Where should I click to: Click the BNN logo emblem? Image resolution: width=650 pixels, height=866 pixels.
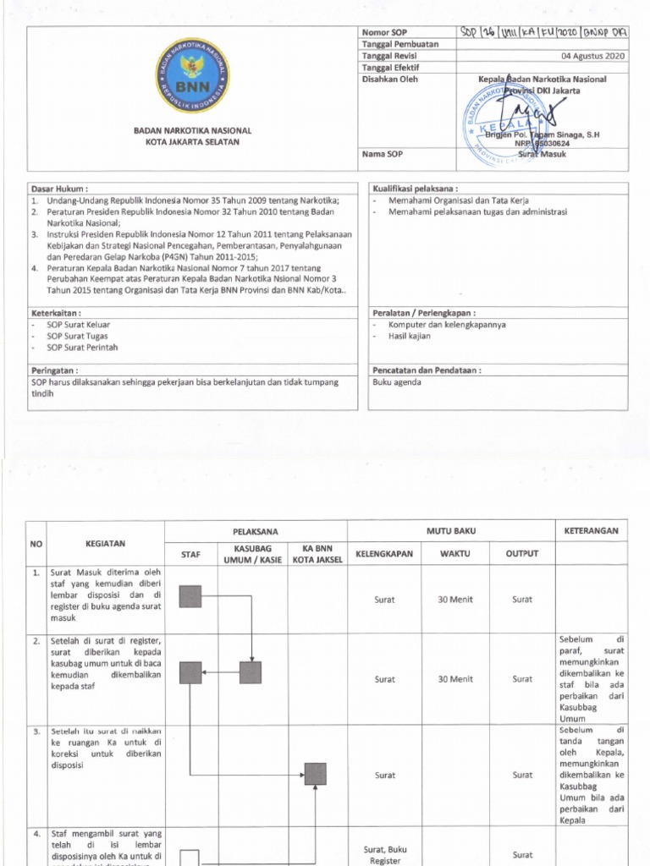click(192, 75)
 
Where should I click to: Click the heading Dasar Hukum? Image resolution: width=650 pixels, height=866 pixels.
click(59, 189)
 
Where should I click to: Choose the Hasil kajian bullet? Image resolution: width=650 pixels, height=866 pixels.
click(409, 336)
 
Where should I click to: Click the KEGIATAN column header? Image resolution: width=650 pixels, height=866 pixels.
click(106, 544)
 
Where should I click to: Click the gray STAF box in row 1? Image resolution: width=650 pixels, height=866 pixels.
click(190, 596)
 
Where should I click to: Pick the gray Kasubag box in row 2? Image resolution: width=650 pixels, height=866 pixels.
click(251, 672)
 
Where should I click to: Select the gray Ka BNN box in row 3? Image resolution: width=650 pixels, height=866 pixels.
click(315, 774)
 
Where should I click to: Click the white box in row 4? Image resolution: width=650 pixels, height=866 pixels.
click(190, 858)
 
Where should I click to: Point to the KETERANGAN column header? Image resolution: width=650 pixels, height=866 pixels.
click(591, 531)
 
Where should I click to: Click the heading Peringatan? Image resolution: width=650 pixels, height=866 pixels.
click(54, 370)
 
